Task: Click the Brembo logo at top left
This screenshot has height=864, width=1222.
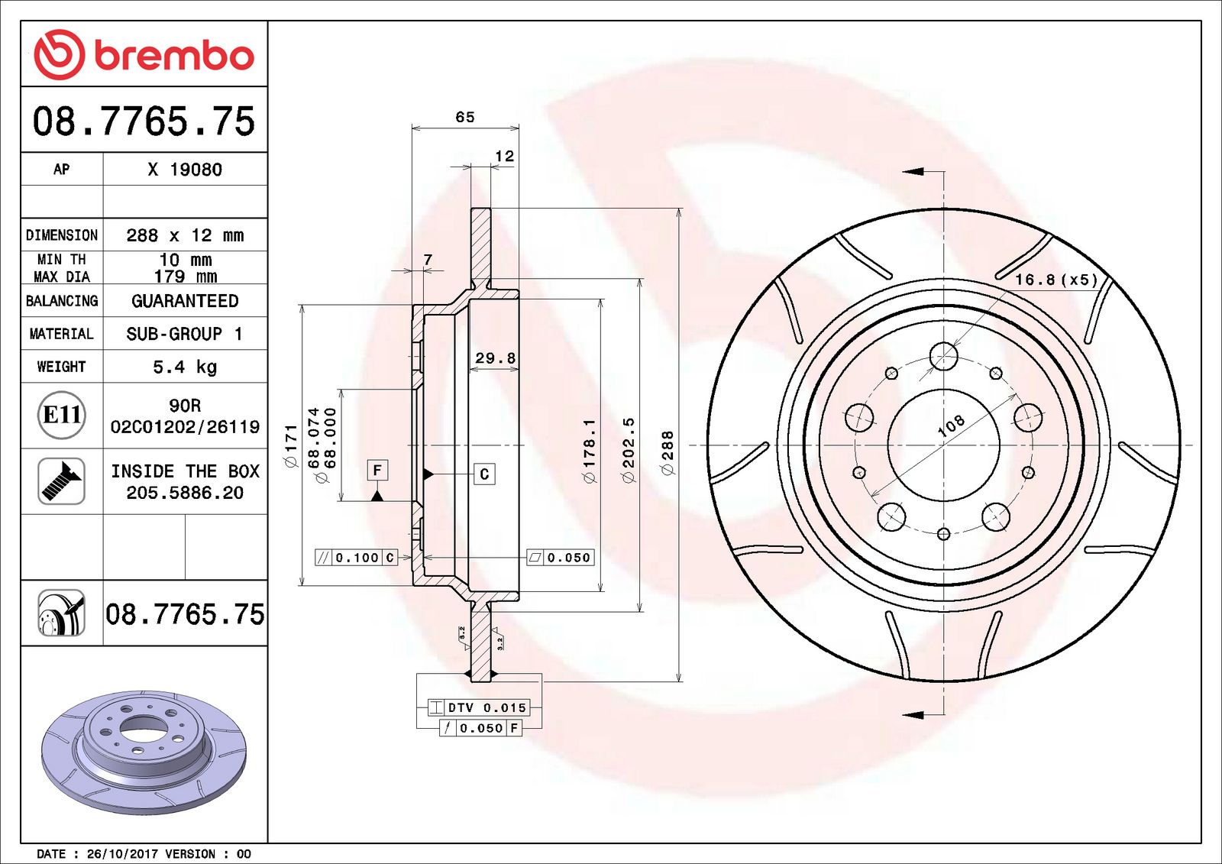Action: click(x=144, y=55)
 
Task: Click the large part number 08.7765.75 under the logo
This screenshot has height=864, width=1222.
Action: click(x=144, y=121)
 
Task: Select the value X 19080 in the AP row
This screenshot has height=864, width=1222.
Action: click(x=185, y=170)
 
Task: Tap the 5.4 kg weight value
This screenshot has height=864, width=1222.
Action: click(x=185, y=367)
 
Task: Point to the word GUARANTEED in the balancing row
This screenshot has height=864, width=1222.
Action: click(x=185, y=301)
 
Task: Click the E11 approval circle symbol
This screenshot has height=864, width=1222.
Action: click(x=61, y=415)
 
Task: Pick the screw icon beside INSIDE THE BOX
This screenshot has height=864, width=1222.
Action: click(x=61, y=481)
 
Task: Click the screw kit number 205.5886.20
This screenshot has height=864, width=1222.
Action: click(x=185, y=493)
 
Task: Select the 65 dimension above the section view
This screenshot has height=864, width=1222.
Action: click(x=464, y=117)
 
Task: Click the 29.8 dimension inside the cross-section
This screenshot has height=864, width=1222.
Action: click(x=495, y=358)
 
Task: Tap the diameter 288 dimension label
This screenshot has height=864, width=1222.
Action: click(x=668, y=452)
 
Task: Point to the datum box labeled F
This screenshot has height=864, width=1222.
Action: click(x=377, y=470)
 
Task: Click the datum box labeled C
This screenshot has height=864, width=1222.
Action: click(x=484, y=474)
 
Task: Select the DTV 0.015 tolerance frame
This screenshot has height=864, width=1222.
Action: click(x=478, y=707)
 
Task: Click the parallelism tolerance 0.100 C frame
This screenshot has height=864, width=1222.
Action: click(x=357, y=558)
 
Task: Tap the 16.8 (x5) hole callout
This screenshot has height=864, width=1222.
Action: click(x=1055, y=280)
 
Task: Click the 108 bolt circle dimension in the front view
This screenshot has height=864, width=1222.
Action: click(x=951, y=426)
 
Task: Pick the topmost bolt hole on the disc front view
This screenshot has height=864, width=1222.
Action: click(x=944, y=356)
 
